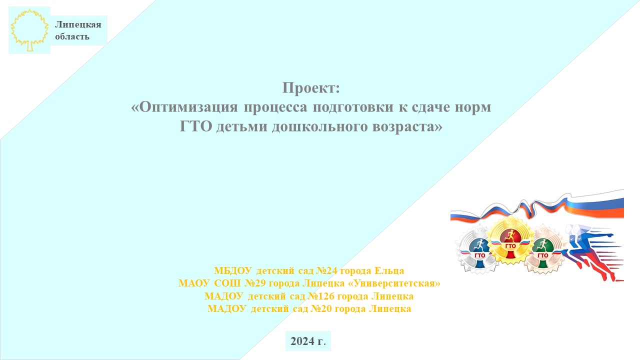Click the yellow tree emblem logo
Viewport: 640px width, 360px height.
coord(29,30)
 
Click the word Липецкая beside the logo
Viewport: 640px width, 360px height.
coord(78,24)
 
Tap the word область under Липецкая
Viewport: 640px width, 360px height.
coord(72,36)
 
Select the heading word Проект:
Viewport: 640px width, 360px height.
coord(311,87)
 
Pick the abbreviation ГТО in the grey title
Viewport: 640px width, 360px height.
coord(195,126)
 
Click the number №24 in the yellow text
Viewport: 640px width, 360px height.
coord(327,270)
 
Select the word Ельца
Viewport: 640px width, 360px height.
coord(389,271)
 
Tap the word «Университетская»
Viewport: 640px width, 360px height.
coord(394,283)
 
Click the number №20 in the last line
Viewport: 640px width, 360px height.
coord(321,309)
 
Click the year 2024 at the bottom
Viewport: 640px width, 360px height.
coord(302,341)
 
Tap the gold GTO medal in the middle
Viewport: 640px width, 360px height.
coord(510,240)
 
